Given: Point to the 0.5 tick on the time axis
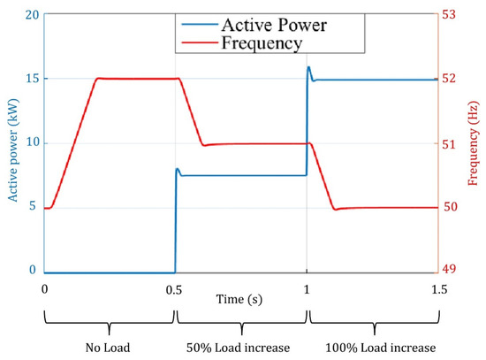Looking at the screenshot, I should coord(176,289).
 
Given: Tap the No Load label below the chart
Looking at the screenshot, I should coord(109,348).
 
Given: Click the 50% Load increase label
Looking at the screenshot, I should coord(241,348).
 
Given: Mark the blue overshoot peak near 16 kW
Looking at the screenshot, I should coord(308,67).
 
